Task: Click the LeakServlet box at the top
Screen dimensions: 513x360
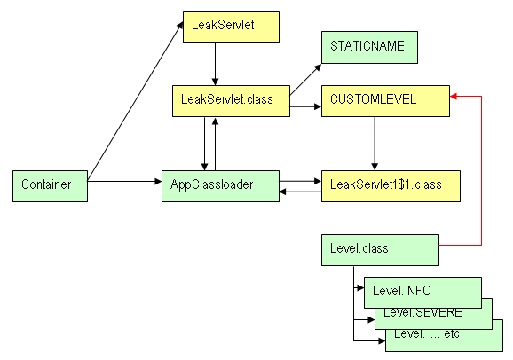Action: pos(231,27)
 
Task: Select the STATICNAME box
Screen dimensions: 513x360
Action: pos(369,47)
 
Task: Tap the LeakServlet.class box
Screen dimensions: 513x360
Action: pos(231,101)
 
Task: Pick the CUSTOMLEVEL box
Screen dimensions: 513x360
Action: pos(385,101)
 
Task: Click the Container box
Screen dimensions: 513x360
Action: pos(50,186)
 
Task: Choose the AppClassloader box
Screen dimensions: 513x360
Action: pos(220,186)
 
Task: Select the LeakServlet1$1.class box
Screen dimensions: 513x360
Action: pos(391,186)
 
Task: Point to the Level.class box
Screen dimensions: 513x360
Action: pos(380,250)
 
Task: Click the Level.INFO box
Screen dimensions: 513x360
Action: pos(422,293)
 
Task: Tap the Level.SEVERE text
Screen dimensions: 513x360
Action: pos(422,313)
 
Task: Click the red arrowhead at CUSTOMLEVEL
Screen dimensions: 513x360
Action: pos(454,96)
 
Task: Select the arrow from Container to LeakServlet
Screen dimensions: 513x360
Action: pos(135,101)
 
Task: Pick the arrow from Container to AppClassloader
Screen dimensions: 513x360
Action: pos(124,181)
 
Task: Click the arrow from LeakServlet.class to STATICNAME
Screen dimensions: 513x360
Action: pos(305,80)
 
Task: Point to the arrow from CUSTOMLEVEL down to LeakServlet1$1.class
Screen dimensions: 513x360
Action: pos(375,144)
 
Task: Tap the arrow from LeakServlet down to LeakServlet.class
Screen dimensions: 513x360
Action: pos(215,64)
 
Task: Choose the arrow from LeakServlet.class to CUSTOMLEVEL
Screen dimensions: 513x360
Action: pos(305,106)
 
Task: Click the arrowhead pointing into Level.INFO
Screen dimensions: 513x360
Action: pos(360,288)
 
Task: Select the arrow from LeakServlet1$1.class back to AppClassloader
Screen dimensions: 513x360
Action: pos(300,192)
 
